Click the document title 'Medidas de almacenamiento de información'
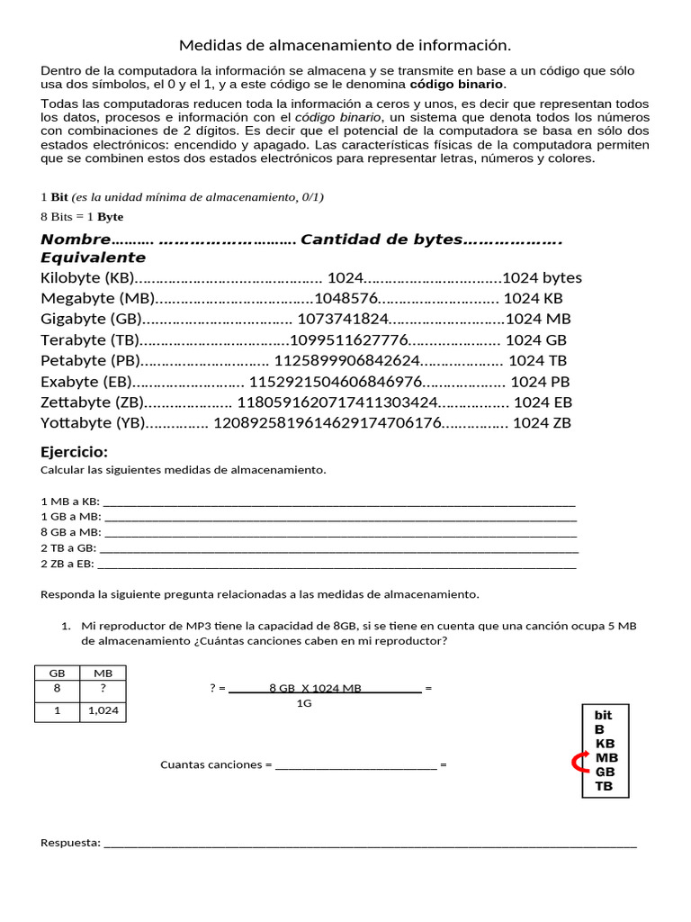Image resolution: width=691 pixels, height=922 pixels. [345, 45]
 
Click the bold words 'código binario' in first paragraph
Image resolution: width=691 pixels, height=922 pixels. [457, 85]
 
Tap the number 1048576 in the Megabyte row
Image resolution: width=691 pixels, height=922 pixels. [345, 298]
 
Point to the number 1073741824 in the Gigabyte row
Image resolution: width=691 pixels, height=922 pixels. [342, 319]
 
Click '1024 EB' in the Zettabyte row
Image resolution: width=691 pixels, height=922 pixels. [543, 402]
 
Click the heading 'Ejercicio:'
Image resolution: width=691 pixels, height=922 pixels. [75, 452]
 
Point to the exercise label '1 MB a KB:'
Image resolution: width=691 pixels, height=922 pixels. [71, 502]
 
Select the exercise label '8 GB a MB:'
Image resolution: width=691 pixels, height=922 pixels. [71, 532]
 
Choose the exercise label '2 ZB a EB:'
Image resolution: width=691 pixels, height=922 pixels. [67, 564]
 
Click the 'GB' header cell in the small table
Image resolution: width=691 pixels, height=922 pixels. [57, 672]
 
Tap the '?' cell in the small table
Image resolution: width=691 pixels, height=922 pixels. [103, 689]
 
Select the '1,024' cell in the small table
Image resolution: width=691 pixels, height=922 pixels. [103, 711]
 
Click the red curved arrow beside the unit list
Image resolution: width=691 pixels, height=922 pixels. [578, 764]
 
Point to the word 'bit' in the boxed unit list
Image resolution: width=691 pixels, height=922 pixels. [603, 715]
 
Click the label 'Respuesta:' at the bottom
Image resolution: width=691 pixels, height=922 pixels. [71, 843]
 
